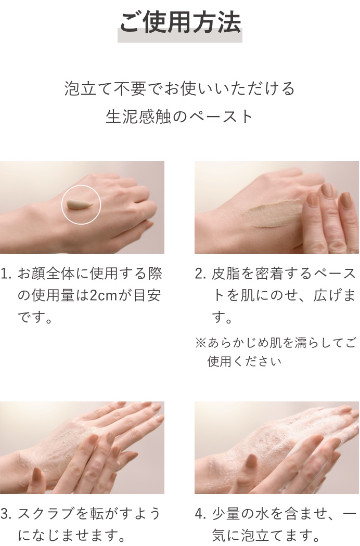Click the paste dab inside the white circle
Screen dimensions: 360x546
coord(80,204)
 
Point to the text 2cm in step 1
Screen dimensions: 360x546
coord(104,295)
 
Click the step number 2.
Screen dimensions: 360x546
coord(200,274)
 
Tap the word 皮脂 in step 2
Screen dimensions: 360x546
coord(226,274)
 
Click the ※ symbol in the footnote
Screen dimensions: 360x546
coord(201,343)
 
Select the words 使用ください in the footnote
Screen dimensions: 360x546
coord(245,361)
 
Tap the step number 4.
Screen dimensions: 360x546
coord(200,514)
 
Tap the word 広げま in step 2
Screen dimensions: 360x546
coord(335,295)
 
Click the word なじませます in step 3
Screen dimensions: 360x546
coord(71,536)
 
